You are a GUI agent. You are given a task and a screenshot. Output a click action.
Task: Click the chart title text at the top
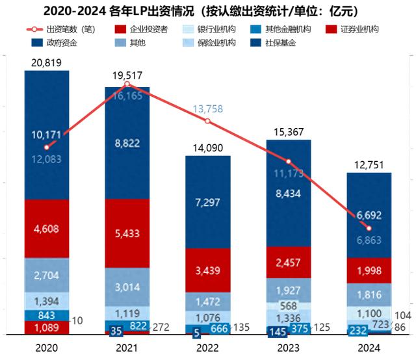[x=208, y=11]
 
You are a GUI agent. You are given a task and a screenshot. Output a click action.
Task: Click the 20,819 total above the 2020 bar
[x=46, y=62]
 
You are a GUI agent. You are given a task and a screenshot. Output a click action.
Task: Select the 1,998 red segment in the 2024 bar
[x=369, y=270]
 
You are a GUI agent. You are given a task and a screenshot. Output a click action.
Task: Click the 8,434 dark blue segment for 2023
[x=288, y=193]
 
